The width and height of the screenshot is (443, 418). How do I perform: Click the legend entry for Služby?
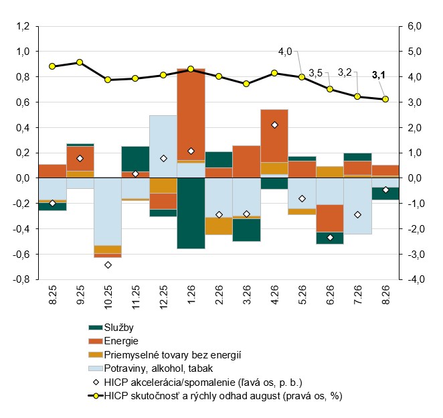(x=111, y=328)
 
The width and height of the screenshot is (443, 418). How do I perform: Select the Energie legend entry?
(x=113, y=341)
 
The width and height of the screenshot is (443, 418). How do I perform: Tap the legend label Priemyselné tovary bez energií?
(x=165, y=354)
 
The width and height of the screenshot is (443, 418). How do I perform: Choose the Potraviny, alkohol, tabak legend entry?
(x=151, y=368)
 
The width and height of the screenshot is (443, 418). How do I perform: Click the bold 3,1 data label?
(x=379, y=75)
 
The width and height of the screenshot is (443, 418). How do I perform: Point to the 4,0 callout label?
(x=285, y=52)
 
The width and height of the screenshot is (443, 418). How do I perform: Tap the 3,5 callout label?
(x=315, y=73)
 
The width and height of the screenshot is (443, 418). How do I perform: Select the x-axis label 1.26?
(x=191, y=295)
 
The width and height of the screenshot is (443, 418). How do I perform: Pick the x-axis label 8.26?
(x=385, y=295)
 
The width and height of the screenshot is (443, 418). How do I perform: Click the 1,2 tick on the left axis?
(x=23, y=26)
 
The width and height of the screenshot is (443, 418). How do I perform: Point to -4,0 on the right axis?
(x=414, y=279)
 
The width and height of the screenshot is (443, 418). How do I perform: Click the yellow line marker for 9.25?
(x=80, y=62)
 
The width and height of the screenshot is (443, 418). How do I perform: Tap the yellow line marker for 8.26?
(x=385, y=99)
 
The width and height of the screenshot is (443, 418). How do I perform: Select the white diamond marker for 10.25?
(x=108, y=265)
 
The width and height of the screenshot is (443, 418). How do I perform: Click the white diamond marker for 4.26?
(x=274, y=125)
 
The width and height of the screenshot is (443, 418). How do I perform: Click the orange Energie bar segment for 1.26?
(x=191, y=115)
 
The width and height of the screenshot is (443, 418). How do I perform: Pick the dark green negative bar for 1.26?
(x=191, y=213)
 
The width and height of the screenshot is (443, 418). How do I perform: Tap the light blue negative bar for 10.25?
(x=108, y=212)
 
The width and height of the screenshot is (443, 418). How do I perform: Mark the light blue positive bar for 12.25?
(x=163, y=147)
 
